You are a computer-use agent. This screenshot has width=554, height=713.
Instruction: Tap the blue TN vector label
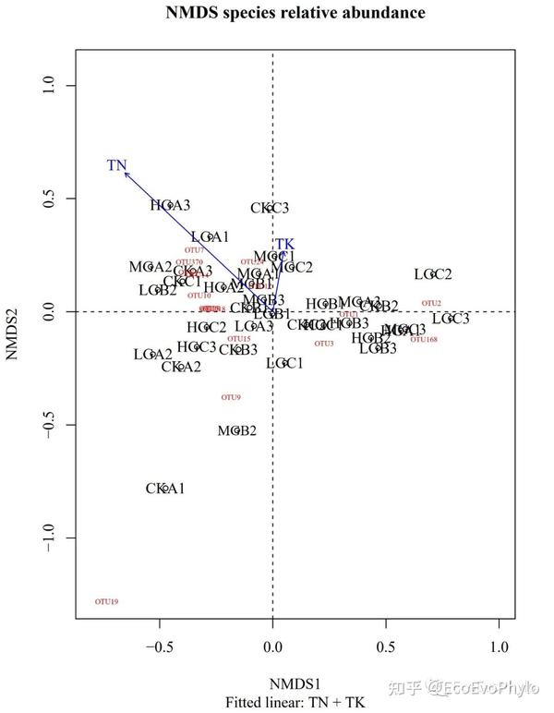tap(116, 165)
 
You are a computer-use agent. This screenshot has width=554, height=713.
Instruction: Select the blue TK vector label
tap(285, 245)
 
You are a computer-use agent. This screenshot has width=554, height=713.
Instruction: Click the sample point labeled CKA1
tap(165, 489)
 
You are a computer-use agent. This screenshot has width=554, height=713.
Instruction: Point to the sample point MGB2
tap(237, 430)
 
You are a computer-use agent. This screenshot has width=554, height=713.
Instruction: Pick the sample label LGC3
tap(451, 319)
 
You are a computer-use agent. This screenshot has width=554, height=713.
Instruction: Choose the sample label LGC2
tap(433, 274)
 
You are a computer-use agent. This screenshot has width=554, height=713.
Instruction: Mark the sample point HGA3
tap(170, 205)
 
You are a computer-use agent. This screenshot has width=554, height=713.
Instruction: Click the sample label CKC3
tap(270, 208)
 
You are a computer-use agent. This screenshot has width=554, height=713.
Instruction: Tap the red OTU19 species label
tap(107, 602)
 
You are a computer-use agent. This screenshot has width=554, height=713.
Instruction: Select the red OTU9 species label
tap(231, 397)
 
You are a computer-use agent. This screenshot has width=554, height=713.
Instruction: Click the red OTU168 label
tap(424, 340)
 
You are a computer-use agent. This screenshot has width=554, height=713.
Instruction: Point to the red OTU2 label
tap(431, 303)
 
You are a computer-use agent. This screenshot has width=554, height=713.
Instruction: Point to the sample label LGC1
tap(284, 363)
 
